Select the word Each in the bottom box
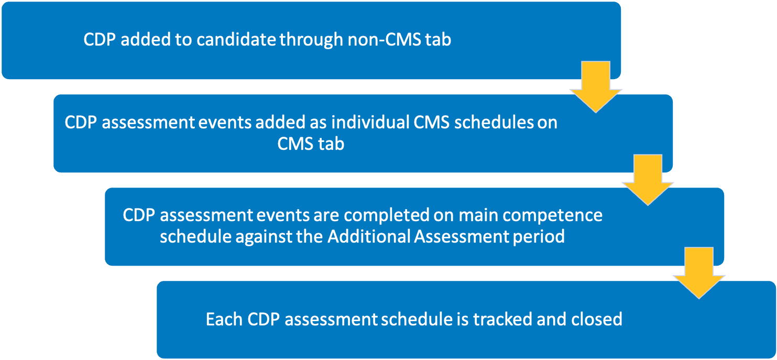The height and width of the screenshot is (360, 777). coord(224,319)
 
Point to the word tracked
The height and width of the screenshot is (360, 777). coord(502,319)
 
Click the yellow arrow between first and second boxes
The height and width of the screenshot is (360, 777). coord(596,86)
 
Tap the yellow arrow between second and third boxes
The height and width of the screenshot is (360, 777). coord(648,180)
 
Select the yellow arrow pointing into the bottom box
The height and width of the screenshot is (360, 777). coord(699,273)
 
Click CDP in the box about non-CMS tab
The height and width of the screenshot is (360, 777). coord(99,39)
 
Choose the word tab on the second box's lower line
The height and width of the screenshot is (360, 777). coord(331,144)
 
